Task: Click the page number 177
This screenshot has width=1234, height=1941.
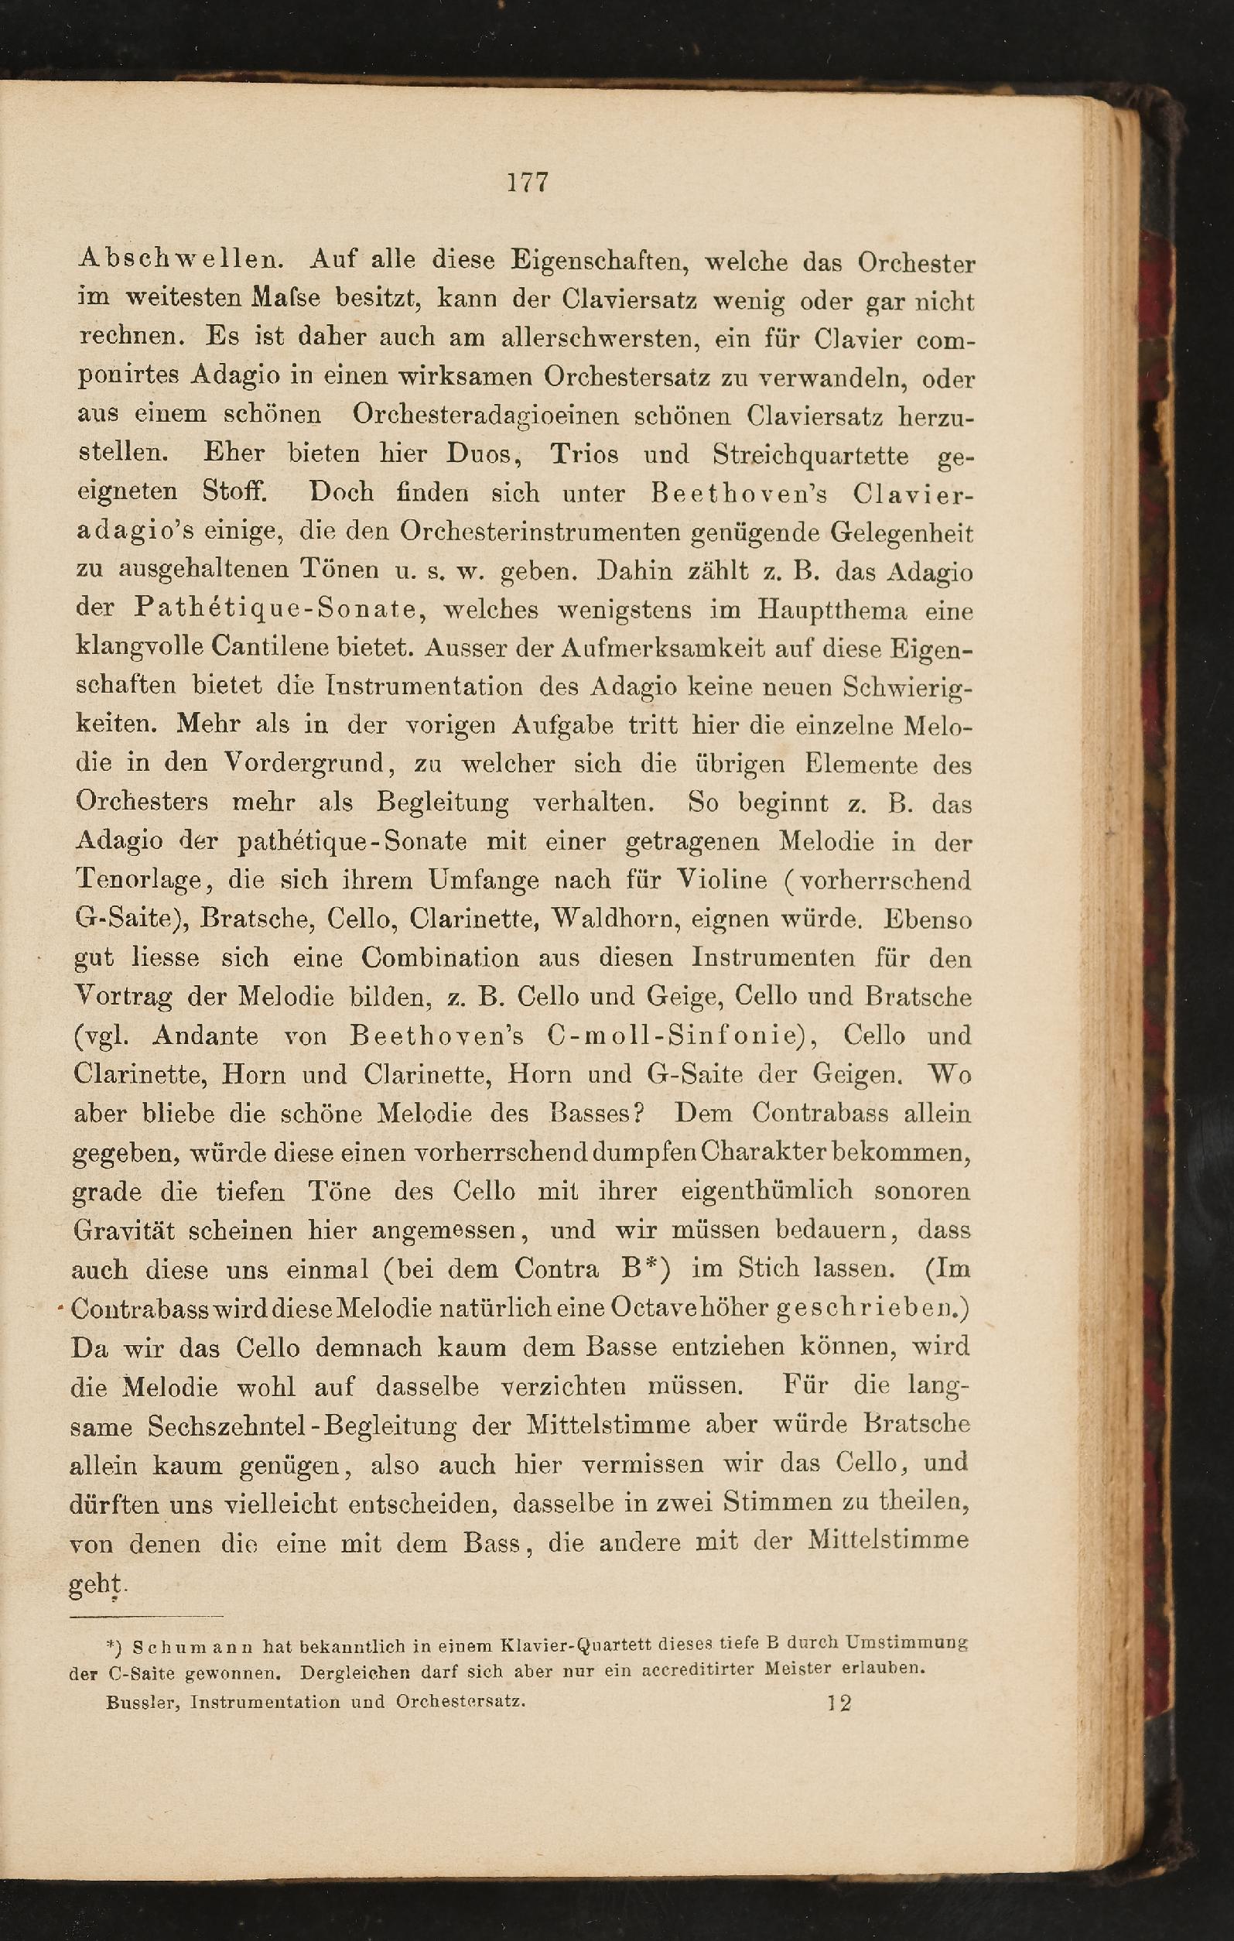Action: click(528, 181)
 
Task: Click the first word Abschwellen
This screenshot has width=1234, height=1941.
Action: click(180, 261)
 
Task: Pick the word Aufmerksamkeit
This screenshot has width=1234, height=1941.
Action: click(709, 648)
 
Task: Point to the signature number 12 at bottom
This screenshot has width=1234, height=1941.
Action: click(838, 1703)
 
